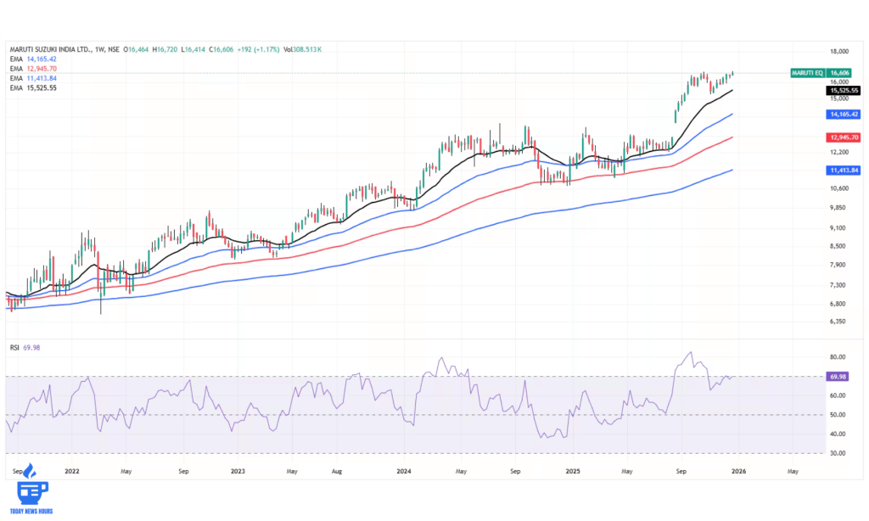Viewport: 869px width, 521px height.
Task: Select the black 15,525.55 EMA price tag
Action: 843,90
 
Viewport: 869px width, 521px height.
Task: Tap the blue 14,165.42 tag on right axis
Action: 843,113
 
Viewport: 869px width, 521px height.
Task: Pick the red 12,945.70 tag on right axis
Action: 843,137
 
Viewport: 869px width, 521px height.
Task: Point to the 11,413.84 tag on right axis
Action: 843,170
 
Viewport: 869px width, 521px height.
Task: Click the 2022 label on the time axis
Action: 72,469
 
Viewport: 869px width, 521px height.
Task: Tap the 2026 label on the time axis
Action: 737,469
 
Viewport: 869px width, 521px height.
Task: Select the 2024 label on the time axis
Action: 404,469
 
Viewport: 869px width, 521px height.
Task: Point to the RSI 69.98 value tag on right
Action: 838,376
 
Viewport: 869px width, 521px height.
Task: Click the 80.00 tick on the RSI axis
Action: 837,357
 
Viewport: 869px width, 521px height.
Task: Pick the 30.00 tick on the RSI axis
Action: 837,453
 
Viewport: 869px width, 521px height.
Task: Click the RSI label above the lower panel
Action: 14,347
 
